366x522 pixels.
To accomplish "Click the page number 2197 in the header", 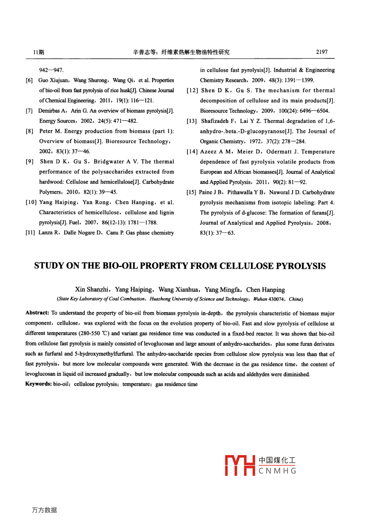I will pos(322,52).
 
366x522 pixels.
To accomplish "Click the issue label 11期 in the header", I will pos(38,52).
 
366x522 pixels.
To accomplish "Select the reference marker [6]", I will pos(29,80).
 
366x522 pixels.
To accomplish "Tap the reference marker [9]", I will pos(30,161).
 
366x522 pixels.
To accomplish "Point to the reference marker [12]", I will pos(192,91).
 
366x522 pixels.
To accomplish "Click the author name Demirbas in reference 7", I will pos(49,111).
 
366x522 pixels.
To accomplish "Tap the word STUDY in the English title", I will pos(49,266).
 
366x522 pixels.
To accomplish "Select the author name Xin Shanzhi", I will pos(92,290).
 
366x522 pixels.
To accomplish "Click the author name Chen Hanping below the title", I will pos(265,290).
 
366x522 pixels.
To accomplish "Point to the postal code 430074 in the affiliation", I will pos(276,299).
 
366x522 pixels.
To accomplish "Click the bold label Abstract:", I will pos(37,313).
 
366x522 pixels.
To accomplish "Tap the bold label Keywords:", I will pos(38,384).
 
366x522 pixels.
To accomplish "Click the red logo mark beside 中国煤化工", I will pos(240,465).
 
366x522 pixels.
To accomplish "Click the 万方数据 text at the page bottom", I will pos(44,510).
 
